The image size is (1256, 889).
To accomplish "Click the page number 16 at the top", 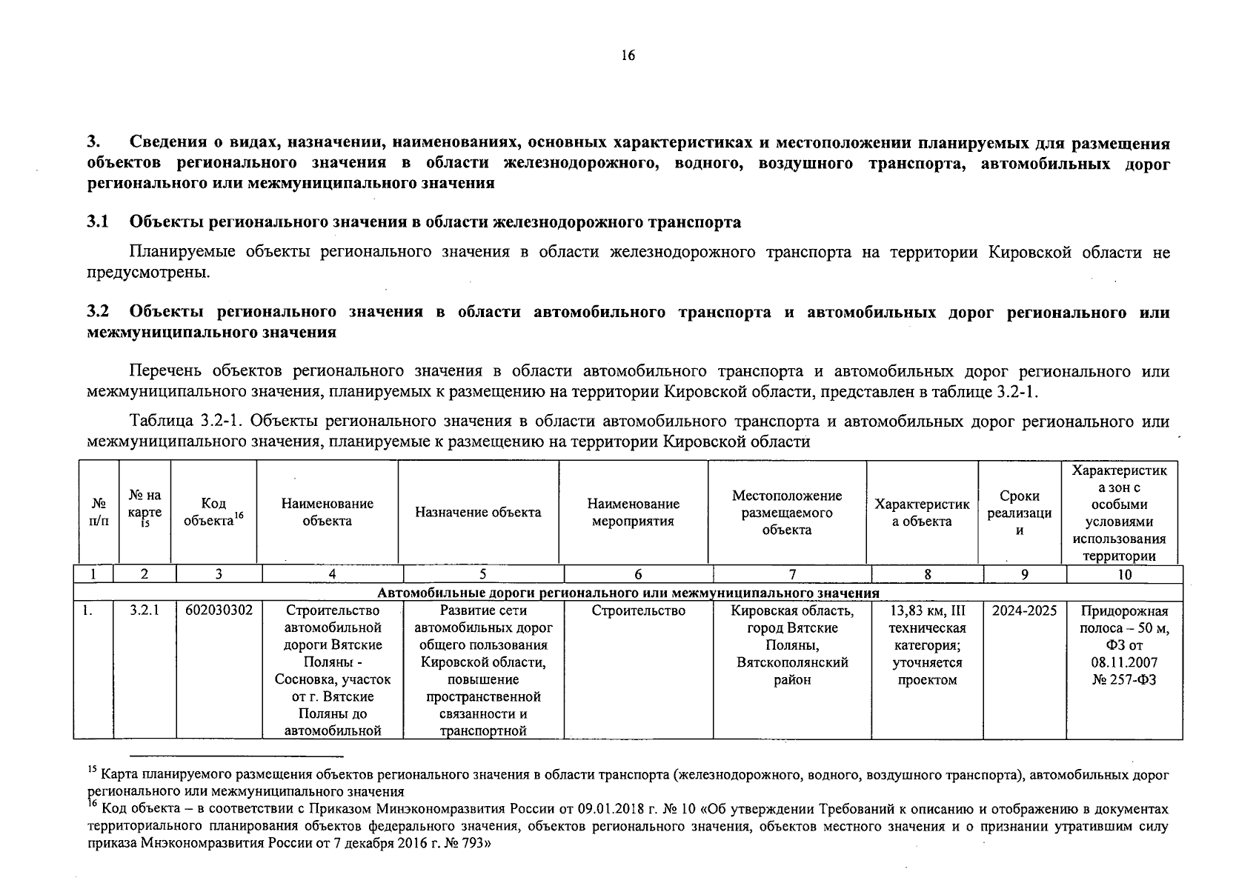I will (x=628, y=56).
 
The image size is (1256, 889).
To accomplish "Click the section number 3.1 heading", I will (x=98, y=222).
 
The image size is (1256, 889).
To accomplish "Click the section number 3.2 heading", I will (x=98, y=312).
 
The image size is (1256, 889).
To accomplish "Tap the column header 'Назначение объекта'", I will (x=478, y=513).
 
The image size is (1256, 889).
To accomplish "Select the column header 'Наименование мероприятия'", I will (x=633, y=513).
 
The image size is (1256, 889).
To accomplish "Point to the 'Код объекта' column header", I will (x=213, y=512).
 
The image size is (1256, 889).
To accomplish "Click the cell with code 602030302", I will (x=219, y=610).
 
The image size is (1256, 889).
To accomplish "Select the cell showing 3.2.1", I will (x=144, y=610).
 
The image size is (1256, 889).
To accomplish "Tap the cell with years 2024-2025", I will (x=1024, y=611).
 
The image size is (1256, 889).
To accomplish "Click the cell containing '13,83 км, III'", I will (x=927, y=611).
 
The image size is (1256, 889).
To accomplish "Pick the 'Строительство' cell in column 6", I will (x=638, y=611).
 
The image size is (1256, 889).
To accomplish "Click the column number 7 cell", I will (x=792, y=574).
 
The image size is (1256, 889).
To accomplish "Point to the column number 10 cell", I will (x=1124, y=574).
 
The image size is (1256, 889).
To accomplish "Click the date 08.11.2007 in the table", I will (x=1124, y=662).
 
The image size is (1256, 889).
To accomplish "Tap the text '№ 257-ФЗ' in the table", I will (x=1124, y=679).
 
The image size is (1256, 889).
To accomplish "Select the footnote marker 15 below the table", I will (x=92, y=770).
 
